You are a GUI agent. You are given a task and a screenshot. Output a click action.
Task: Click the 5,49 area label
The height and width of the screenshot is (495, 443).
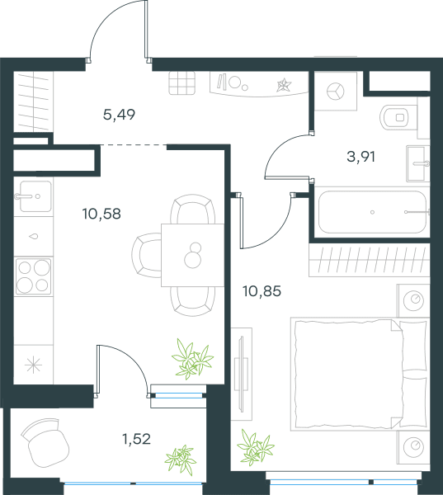119,115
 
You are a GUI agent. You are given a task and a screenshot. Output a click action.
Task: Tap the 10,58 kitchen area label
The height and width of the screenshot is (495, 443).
101,214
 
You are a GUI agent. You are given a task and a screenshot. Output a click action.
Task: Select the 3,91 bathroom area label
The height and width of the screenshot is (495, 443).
361,157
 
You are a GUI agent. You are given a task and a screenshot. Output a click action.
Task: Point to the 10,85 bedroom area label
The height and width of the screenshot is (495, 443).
262,291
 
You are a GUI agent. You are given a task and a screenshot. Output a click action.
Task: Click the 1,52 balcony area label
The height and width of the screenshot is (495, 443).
136,439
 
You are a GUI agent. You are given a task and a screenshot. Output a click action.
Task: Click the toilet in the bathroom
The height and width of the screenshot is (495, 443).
398,117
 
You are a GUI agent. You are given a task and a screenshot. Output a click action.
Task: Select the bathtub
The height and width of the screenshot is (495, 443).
373,212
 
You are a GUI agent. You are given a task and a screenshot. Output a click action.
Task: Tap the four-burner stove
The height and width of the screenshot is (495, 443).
34,276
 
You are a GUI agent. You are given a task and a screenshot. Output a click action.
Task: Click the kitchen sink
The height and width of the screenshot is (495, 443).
34,196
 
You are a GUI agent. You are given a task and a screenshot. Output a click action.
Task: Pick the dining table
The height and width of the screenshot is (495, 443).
192,255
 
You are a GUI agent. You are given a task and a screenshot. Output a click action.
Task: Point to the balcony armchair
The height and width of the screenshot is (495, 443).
45,443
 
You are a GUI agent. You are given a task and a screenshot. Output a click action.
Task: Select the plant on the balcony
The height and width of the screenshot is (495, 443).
181,460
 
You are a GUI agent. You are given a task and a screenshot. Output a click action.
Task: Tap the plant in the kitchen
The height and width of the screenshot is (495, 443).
192,358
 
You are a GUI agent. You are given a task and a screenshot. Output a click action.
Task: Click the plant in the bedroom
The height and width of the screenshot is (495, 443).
256,447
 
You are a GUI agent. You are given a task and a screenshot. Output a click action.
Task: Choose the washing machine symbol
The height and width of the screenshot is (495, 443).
336,92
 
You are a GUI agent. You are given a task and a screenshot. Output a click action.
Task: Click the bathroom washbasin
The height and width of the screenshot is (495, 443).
417,163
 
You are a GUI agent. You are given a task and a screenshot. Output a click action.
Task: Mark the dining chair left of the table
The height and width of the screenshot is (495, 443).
147,255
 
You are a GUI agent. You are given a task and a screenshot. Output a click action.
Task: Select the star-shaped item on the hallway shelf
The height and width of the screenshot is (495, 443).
284,85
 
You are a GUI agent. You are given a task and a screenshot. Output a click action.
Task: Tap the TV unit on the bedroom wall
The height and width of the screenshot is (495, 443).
242,374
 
